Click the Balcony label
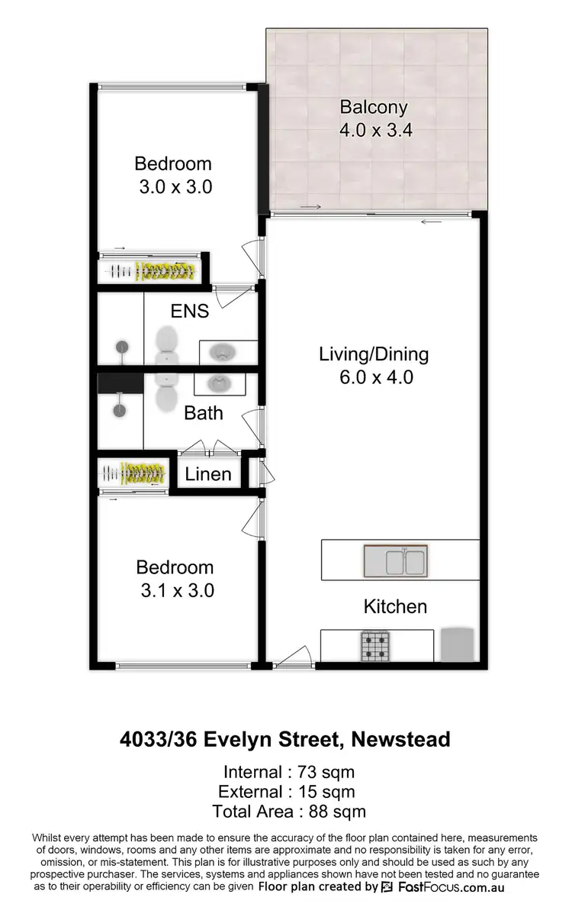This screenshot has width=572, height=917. pyautogui.click(x=374, y=107)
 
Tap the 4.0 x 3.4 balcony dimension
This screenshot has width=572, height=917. pyautogui.click(x=375, y=130)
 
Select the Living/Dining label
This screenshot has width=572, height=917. pyautogui.click(x=374, y=354)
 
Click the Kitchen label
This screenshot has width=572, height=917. pyautogui.click(x=394, y=607)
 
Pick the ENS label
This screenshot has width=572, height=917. pyautogui.click(x=189, y=311)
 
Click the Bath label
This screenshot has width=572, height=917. pyautogui.click(x=204, y=413)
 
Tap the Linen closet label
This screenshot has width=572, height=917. pyautogui.click(x=208, y=474)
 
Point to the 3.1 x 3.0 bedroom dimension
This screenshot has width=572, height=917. pyautogui.click(x=175, y=590)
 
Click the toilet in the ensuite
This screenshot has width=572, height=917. pyautogui.click(x=165, y=347)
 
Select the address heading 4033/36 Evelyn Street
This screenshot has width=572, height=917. pyautogui.click(x=284, y=739)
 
